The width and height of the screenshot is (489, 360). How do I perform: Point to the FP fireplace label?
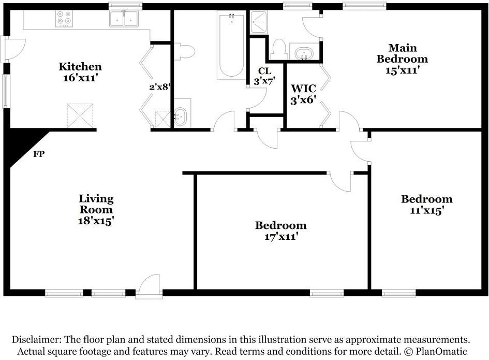pyautogui.click(x=39, y=154)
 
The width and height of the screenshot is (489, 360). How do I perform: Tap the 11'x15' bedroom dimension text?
pyautogui.click(x=427, y=210)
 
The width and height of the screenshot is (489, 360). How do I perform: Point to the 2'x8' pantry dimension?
pyautogui.click(x=160, y=87)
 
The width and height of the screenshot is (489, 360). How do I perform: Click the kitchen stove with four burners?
pyautogui.click(x=64, y=19)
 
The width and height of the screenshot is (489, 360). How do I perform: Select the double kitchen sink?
pyautogui.click(x=124, y=19)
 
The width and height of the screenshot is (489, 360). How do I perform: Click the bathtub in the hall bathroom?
pyautogui.click(x=231, y=45)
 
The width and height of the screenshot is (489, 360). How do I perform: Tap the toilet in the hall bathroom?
pyautogui.click(x=184, y=51)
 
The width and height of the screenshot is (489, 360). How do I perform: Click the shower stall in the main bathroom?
pyautogui.click(x=259, y=22)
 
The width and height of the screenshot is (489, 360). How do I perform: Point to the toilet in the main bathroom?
pyautogui.click(x=278, y=49)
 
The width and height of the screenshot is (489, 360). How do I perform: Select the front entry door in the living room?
pyautogui.click(x=149, y=286)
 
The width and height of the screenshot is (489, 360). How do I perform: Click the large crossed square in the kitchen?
pyautogui.click(x=80, y=116)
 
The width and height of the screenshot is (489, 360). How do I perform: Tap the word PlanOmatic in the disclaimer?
pyautogui.click(x=441, y=351)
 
